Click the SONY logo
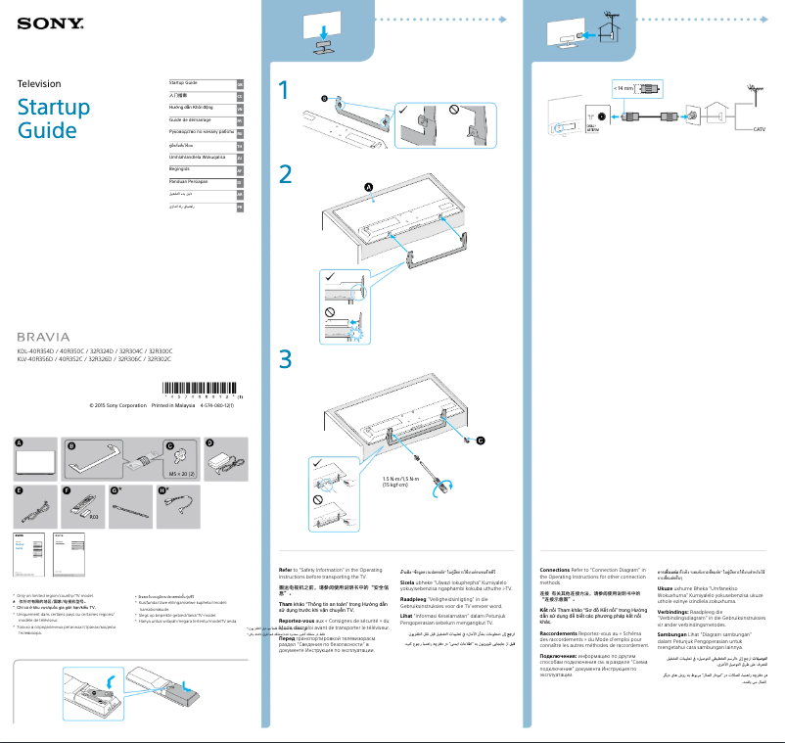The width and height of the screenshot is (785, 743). point(46,21)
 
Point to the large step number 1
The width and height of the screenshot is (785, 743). point(284,90)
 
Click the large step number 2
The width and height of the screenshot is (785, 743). point(285,174)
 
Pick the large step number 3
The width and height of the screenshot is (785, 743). point(285,359)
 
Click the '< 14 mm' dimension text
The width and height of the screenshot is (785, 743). point(623,87)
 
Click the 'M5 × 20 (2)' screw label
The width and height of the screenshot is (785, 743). point(183,472)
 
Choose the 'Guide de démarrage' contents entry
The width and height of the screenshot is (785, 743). point(191,118)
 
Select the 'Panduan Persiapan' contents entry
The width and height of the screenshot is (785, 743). point(190,182)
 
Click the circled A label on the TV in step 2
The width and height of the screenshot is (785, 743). point(369,187)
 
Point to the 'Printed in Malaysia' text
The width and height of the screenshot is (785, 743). point(173,404)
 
